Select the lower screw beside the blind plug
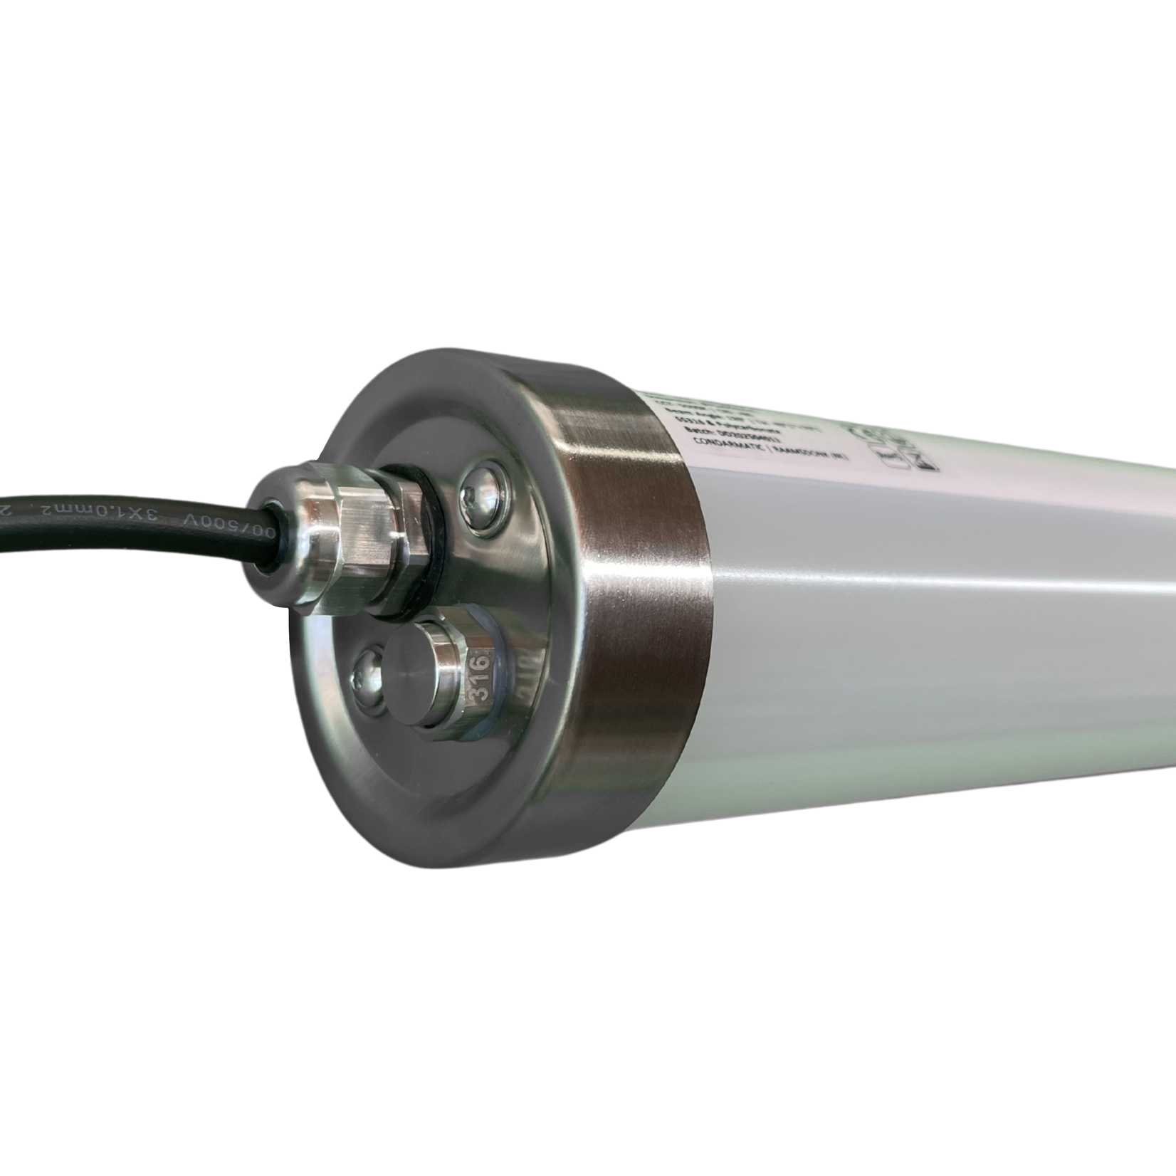369,672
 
